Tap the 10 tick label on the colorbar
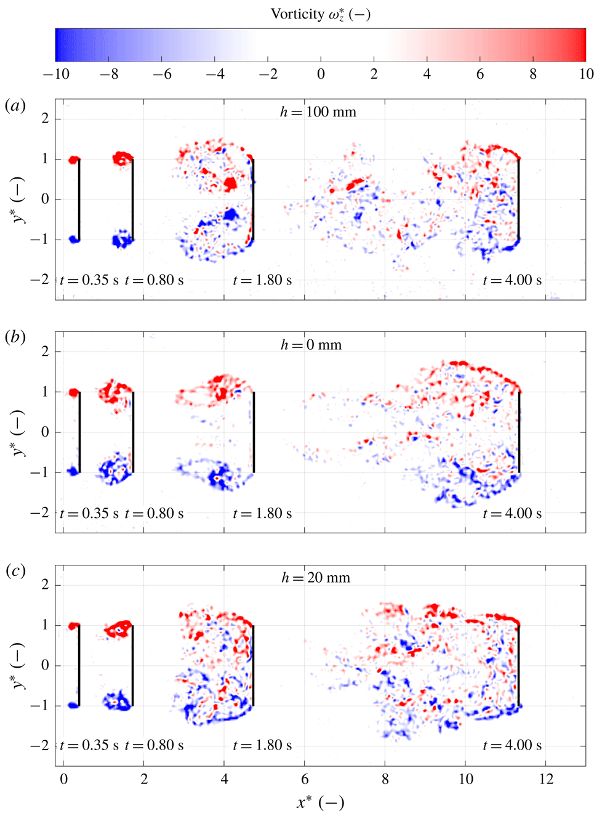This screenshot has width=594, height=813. [586, 75]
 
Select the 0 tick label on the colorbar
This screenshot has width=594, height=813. [321, 75]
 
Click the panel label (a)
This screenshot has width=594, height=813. [15, 105]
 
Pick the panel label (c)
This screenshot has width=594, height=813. [15, 570]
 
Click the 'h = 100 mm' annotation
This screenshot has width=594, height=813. [318, 112]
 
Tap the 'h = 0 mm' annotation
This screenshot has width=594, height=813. [311, 345]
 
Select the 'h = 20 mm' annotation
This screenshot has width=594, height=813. [315, 578]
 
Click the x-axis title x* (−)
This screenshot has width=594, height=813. [320, 802]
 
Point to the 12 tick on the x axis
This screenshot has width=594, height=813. [546, 779]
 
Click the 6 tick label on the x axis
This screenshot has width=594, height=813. [305, 779]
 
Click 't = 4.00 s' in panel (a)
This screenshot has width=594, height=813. [512, 280]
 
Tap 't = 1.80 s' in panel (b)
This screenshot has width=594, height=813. [262, 514]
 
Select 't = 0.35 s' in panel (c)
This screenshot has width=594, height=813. [89, 745]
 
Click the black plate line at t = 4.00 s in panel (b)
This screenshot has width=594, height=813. [519, 432]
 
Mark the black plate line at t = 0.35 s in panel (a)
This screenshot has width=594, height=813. [79, 199]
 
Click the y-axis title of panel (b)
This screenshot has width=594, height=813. [18, 432]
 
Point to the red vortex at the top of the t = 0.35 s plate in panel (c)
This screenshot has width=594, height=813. [74, 626]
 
